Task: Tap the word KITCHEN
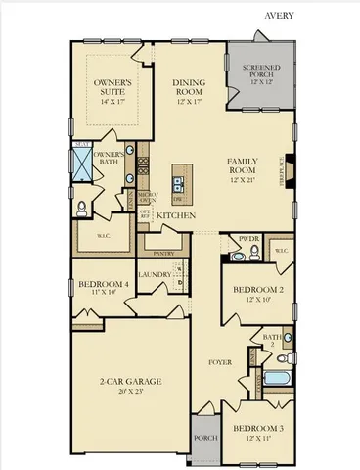click(x=177, y=214)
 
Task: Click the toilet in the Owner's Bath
click(x=82, y=207)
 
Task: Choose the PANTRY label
click(x=162, y=252)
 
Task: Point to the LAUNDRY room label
click(x=155, y=275)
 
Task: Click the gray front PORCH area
click(x=204, y=436)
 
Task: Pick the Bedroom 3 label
click(x=257, y=428)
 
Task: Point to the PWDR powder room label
click(x=247, y=238)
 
